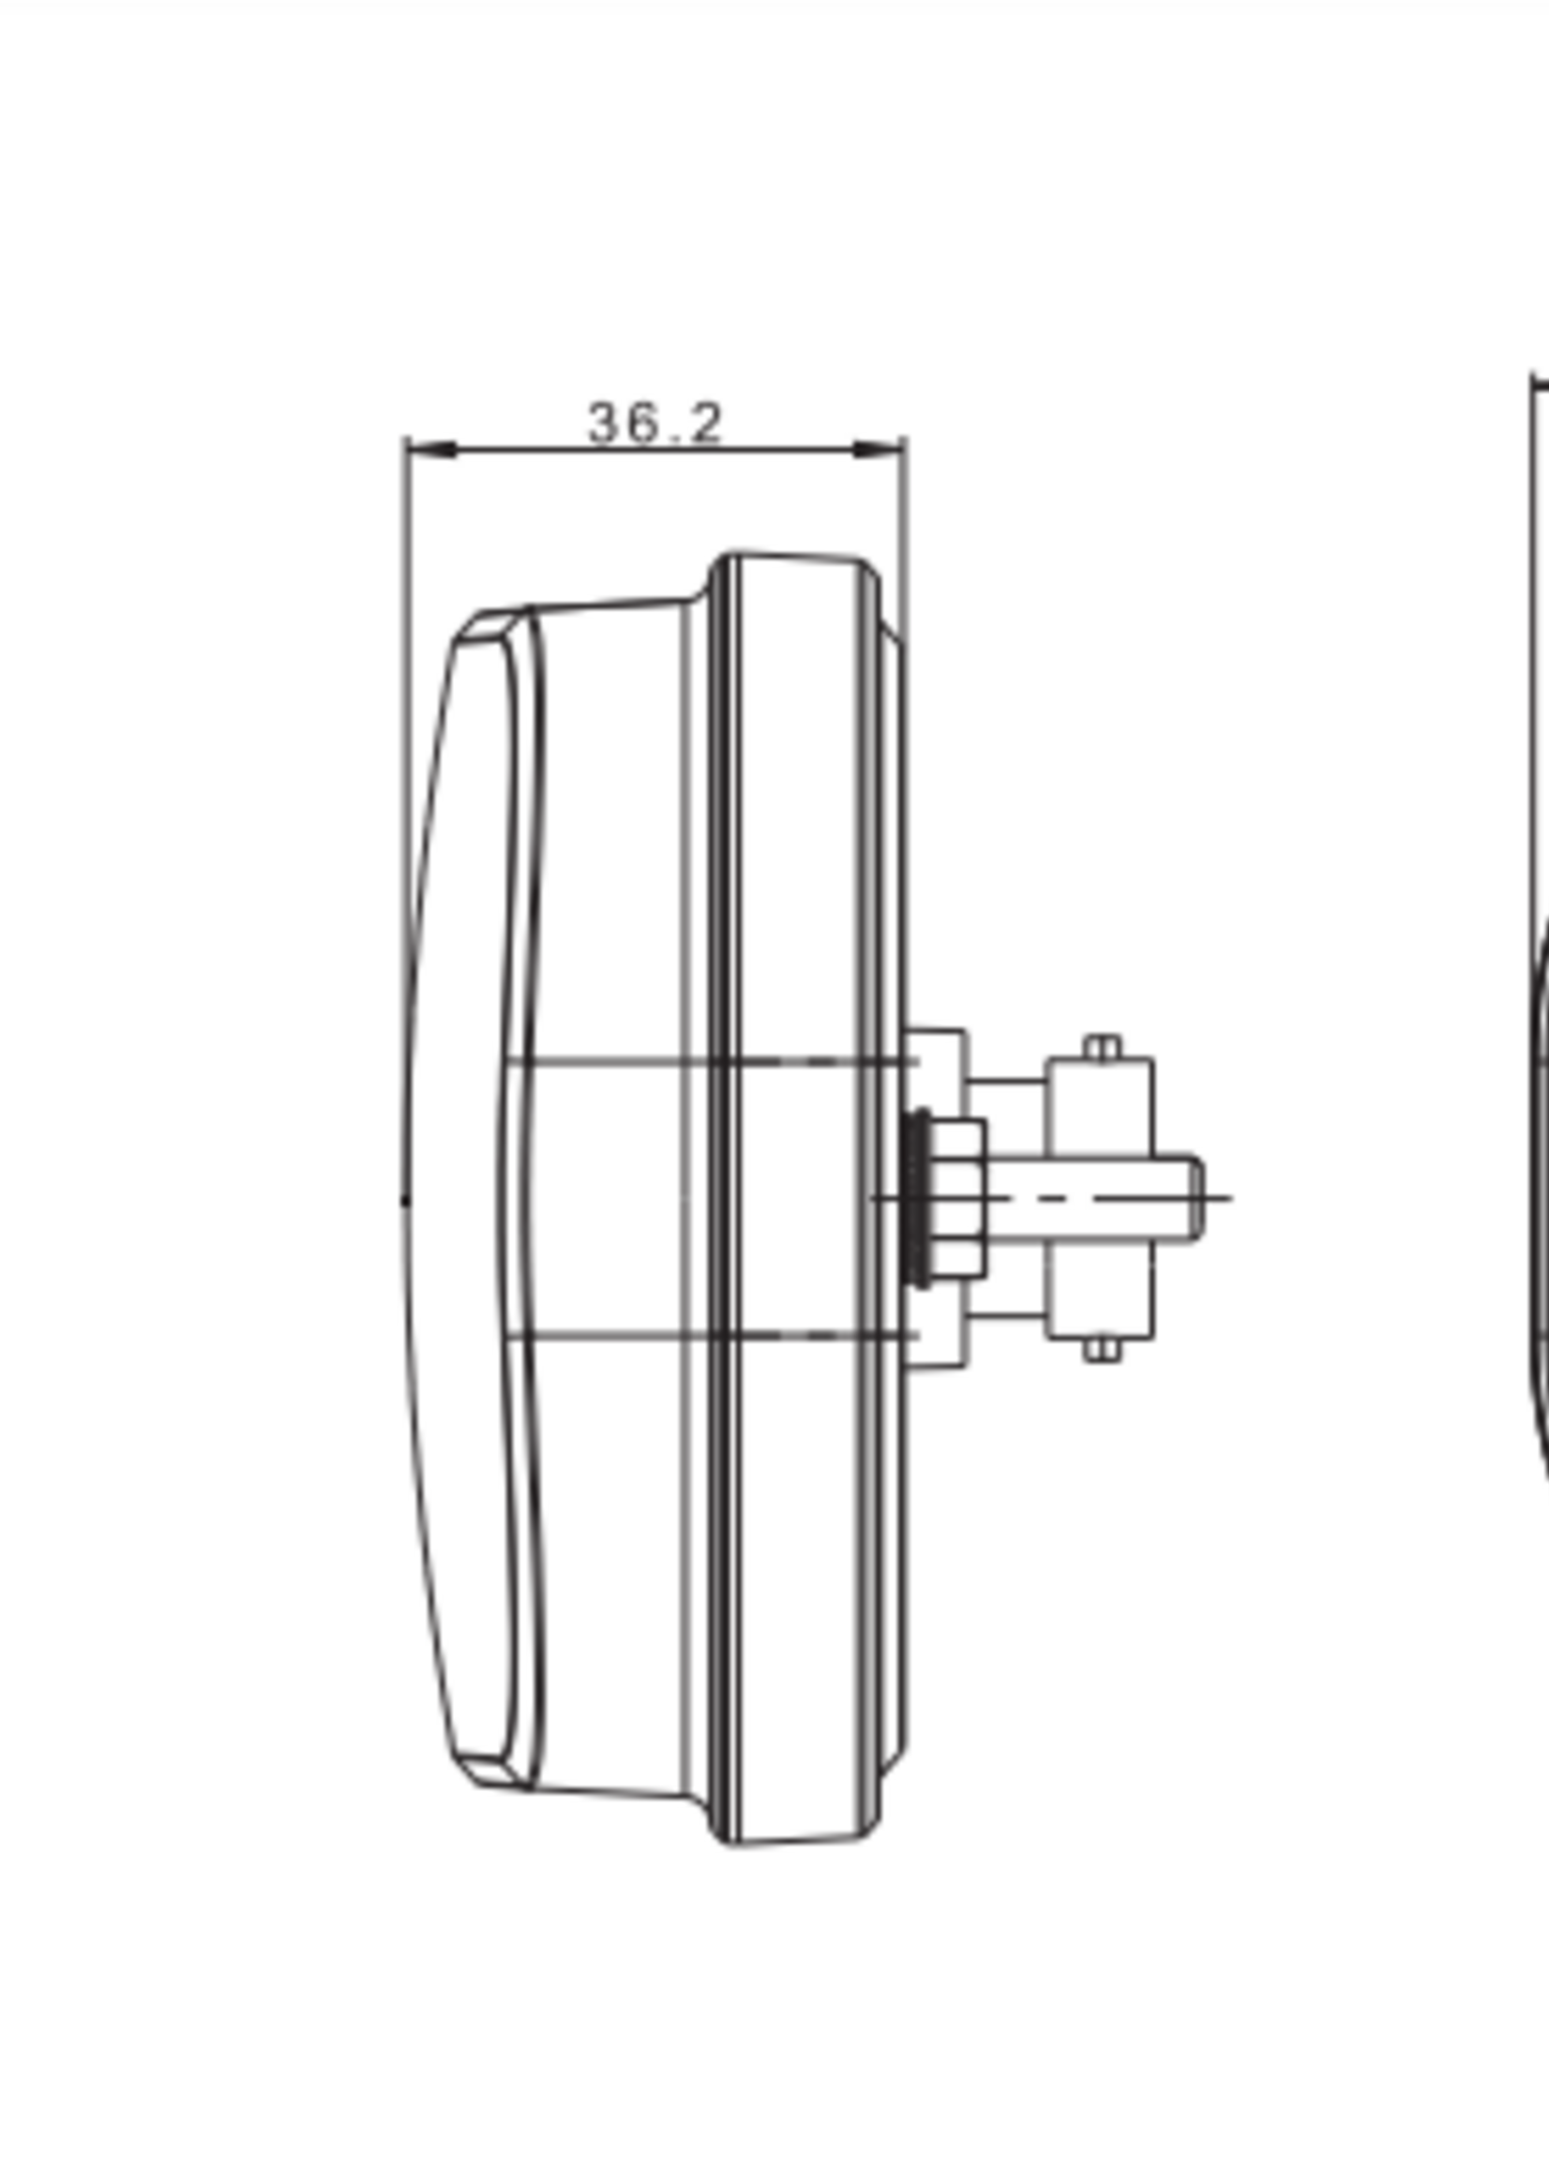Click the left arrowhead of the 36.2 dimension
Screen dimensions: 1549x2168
click(431, 448)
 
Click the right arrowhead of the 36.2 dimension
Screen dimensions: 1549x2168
click(878, 448)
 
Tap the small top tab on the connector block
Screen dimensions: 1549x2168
click(1103, 1047)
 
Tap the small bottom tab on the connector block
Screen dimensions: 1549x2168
click(1103, 1349)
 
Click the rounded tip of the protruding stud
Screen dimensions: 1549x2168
click(1195, 1198)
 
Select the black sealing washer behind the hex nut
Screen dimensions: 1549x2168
click(919, 1198)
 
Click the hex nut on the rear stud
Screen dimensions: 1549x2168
click(956, 1198)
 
